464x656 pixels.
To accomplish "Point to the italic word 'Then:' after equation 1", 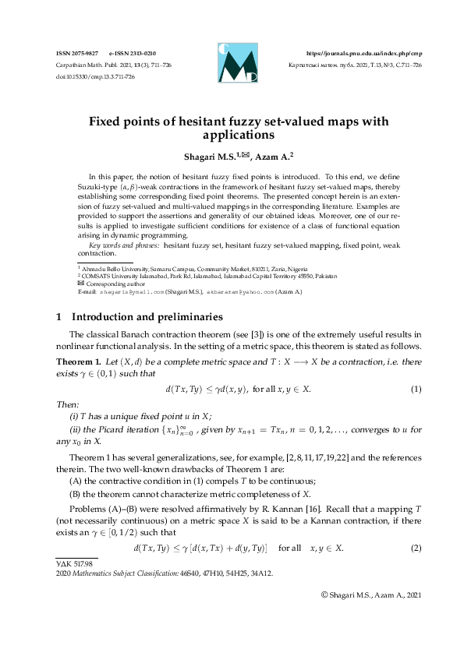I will pos(68,404).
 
